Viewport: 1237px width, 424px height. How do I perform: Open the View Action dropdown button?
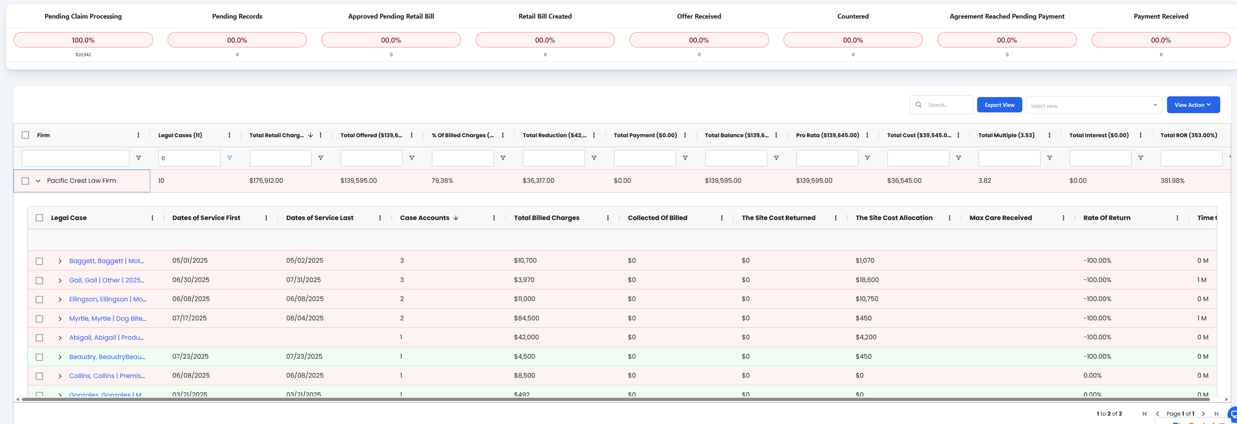point(1192,105)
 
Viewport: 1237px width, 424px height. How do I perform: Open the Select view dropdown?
point(1093,105)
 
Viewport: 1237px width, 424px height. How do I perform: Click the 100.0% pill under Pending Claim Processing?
point(83,40)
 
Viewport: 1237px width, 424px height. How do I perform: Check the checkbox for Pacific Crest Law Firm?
point(26,181)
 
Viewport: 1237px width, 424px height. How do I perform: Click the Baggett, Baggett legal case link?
point(106,261)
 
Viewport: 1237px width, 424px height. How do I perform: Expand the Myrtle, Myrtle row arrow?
point(60,319)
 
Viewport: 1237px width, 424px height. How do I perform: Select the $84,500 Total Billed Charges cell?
point(526,318)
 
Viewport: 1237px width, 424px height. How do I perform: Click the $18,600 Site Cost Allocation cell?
point(867,280)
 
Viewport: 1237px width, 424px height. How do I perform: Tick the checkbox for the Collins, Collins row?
point(39,376)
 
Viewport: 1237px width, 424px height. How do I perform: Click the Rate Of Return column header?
point(1107,218)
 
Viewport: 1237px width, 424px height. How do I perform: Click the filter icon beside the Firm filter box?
point(138,158)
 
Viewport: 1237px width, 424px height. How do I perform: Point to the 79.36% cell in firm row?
point(442,181)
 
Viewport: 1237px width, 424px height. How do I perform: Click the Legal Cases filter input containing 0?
point(189,158)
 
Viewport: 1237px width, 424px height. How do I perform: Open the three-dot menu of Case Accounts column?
point(493,218)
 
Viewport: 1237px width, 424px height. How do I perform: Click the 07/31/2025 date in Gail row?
point(304,280)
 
